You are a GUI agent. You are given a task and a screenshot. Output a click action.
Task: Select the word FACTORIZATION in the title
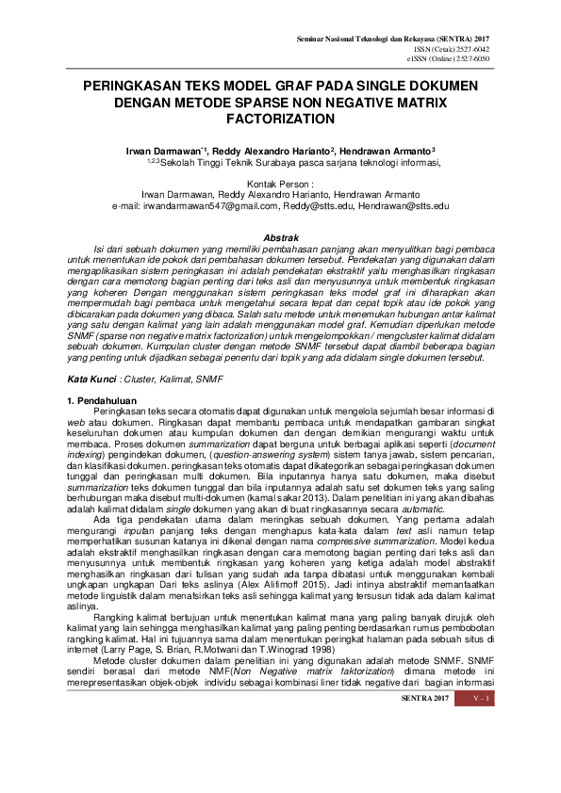(280, 121)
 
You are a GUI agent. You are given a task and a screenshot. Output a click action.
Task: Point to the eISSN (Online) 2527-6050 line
(469, 58)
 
